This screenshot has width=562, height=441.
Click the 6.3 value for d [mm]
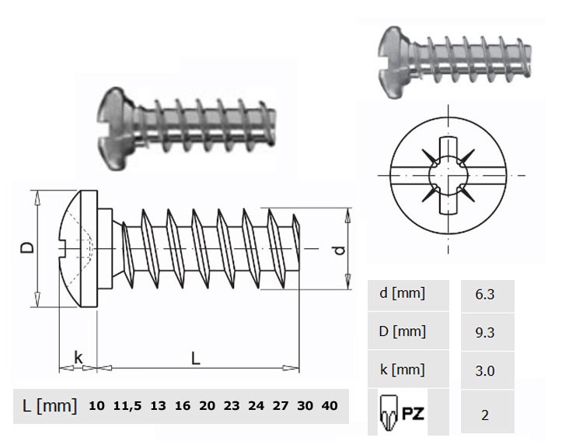[484, 294]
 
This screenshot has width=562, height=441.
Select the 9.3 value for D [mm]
[484, 332]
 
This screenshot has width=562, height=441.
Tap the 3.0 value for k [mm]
[484, 370]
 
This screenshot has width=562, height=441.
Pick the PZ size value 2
[485, 415]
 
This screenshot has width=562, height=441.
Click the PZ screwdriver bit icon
[389, 413]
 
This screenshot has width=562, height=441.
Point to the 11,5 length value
[127, 406]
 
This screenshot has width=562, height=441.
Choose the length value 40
[330, 405]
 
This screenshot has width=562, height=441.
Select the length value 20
[208, 405]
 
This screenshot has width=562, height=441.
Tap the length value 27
[281, 405]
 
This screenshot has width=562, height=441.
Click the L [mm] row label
[50, 406]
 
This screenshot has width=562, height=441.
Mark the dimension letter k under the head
[79, 358]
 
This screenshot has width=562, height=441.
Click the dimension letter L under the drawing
[195, 358]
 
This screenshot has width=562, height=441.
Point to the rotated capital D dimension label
[28, 248]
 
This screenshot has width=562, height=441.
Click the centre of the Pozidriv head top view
[448, 175]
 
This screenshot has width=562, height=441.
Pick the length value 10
[96, 405]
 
